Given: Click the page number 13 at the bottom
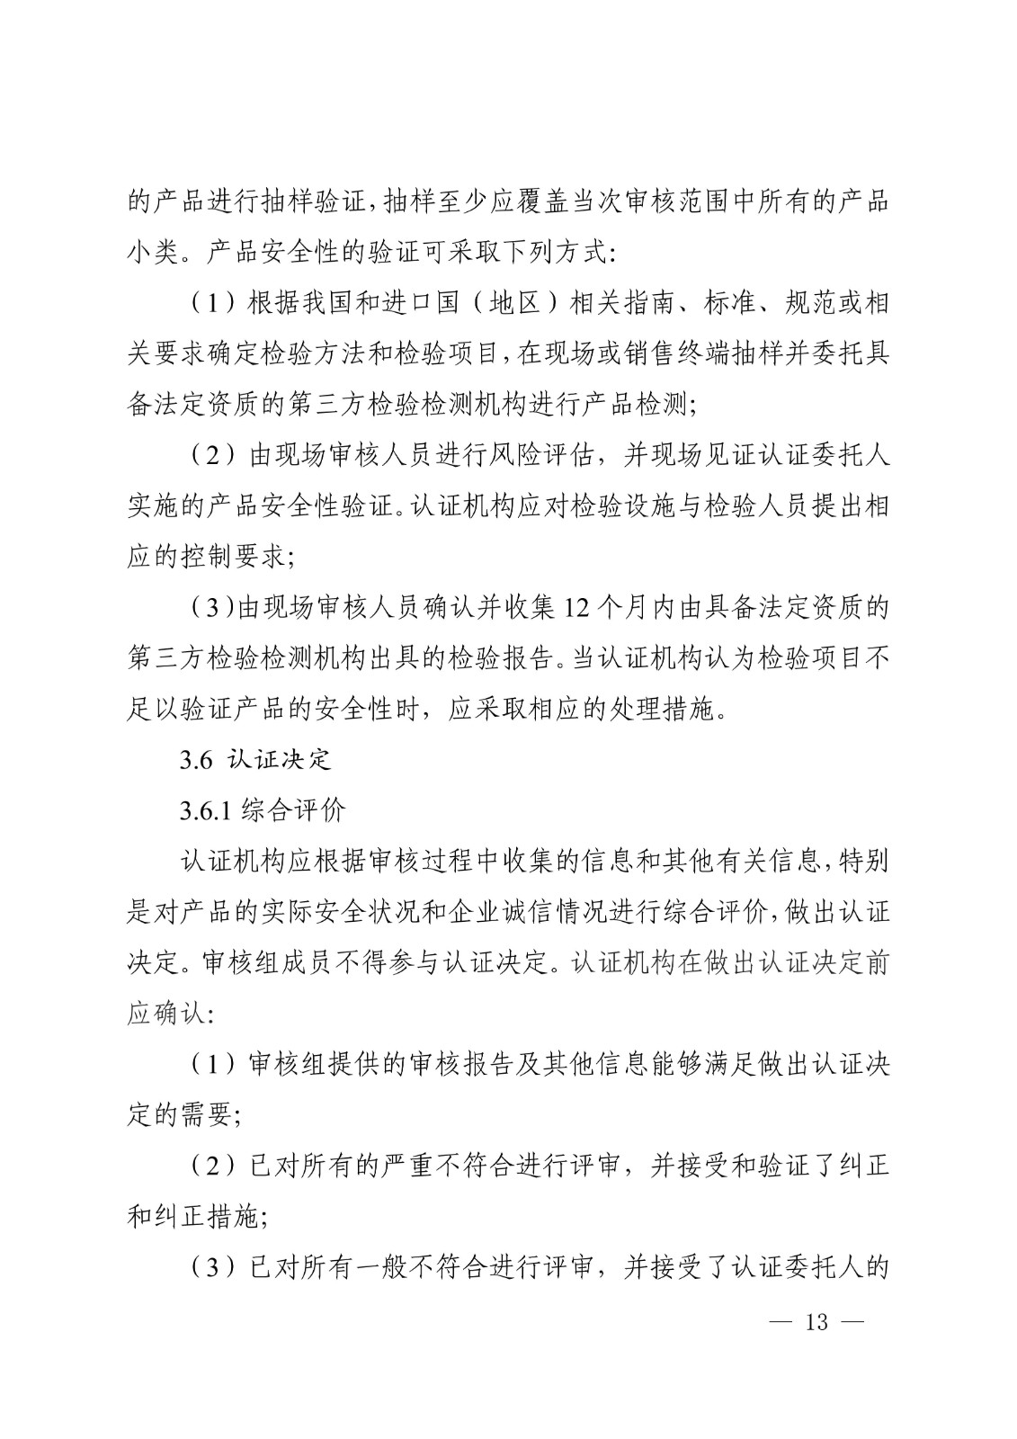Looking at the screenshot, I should point(816,1322).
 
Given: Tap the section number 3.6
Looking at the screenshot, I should point(195,760).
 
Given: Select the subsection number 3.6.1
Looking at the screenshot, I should point(206,810).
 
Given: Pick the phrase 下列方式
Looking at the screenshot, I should point(552,253).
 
